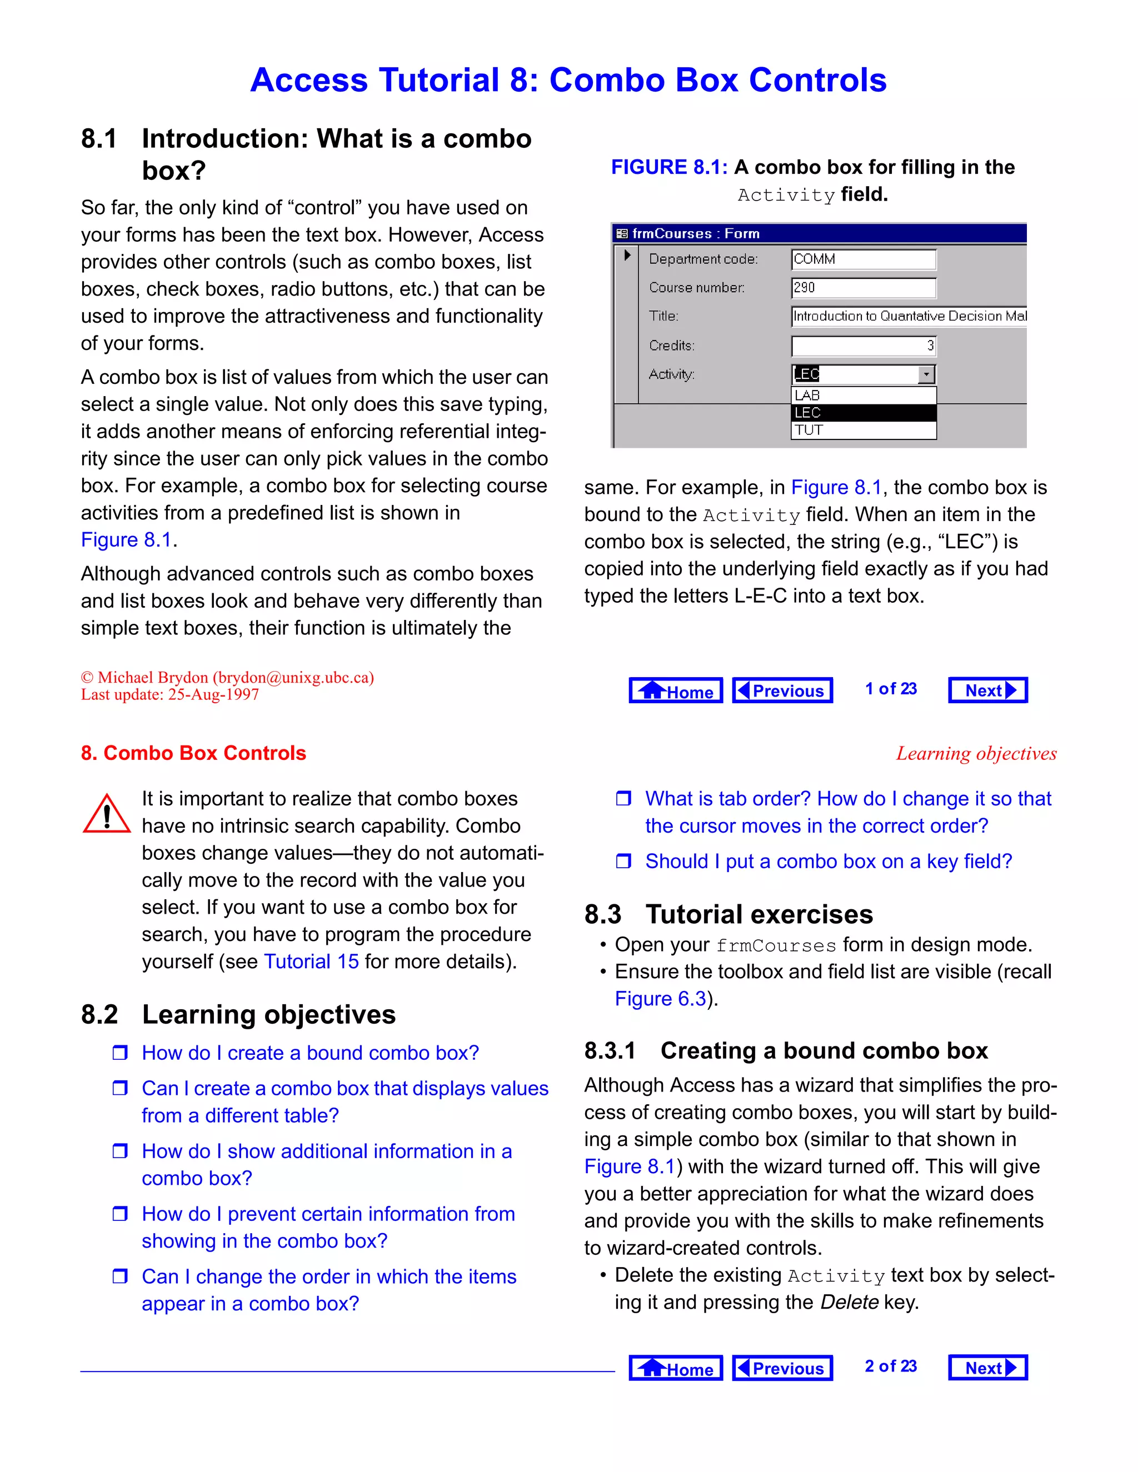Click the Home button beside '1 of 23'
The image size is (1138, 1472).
click(676, 690)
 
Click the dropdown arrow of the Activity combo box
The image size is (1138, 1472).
click(926, 374)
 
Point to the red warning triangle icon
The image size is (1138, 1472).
click(107, 814)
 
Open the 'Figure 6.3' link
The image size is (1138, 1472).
click(660, 998)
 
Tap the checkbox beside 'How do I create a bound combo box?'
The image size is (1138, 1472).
click(120, 1053)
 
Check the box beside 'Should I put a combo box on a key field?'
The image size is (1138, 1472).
click(623, 862)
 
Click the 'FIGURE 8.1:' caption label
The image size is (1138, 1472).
click(669, 167)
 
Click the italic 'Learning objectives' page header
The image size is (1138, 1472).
click(976, 754)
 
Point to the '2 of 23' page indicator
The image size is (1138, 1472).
click(891, 1366)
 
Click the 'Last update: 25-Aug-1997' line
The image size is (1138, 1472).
click(170, 695)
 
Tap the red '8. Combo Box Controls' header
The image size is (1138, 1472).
click(193, 753)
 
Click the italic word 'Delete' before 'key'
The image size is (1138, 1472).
click(849, 1302)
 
